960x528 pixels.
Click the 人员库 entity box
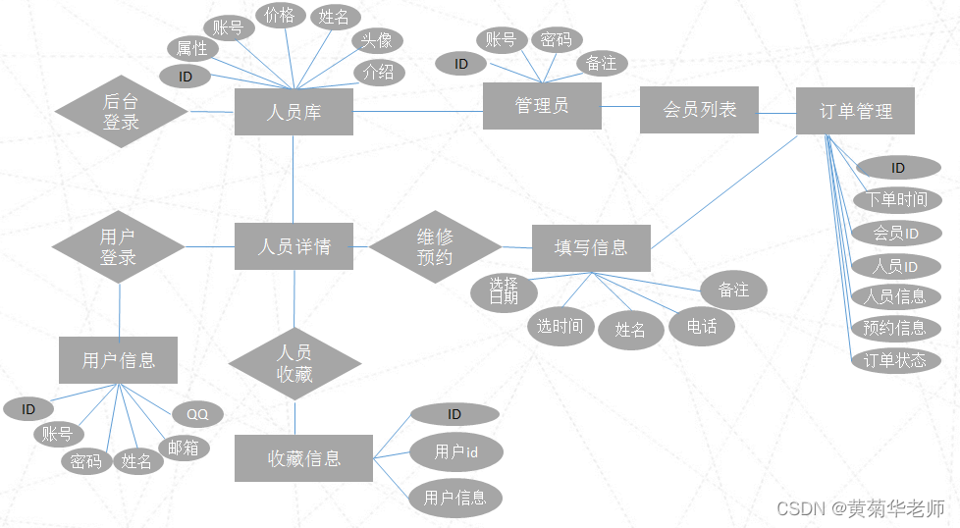pos(293,112)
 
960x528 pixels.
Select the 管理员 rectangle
pos(542,105)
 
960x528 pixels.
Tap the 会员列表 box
pos(699,110)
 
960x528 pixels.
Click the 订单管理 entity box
pos(855,111)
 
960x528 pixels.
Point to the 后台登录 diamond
pos(121,111)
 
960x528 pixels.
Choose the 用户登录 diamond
pos(118,247)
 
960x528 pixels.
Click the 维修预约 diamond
pos(435,247)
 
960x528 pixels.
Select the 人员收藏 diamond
pos(294,363)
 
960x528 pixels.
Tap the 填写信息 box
pos(590,247)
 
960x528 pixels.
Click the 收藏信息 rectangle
pos(303,458)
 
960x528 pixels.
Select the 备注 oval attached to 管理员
pos(601,64)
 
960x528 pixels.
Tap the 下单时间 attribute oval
pos(896,200)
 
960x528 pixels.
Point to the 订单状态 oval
pos(894,360)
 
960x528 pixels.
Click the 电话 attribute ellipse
pos(701,326)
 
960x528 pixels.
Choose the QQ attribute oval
pos(197,414)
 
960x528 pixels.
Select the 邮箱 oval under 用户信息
pos(184,448)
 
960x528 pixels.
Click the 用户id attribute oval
pos(456,452)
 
